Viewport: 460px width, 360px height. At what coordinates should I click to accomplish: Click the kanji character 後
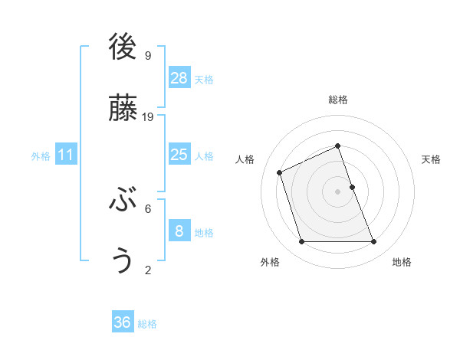123,47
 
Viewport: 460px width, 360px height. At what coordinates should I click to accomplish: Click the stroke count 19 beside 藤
148,116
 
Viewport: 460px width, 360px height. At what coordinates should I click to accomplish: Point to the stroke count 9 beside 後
148,55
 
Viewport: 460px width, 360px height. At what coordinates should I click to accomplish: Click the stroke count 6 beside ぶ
148,208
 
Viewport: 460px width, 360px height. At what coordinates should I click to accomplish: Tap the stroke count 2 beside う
148,270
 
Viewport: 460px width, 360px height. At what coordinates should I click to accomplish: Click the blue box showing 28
179,78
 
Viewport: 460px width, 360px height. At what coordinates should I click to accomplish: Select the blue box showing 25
179,155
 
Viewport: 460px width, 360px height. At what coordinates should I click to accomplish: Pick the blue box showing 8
179,231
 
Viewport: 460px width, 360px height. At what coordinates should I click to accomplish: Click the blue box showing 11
66,155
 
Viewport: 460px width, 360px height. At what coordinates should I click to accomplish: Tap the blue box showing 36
123,322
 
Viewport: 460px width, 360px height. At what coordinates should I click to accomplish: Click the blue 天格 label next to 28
204,80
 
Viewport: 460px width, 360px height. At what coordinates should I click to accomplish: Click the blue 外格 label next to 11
41,156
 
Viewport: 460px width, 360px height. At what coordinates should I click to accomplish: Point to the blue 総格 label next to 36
147,324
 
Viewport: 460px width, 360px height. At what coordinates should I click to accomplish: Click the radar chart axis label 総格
337,100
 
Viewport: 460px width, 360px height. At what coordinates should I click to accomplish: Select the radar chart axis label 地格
402,262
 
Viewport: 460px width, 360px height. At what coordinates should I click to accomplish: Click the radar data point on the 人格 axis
280,172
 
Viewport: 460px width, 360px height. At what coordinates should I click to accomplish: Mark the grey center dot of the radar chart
337,191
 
